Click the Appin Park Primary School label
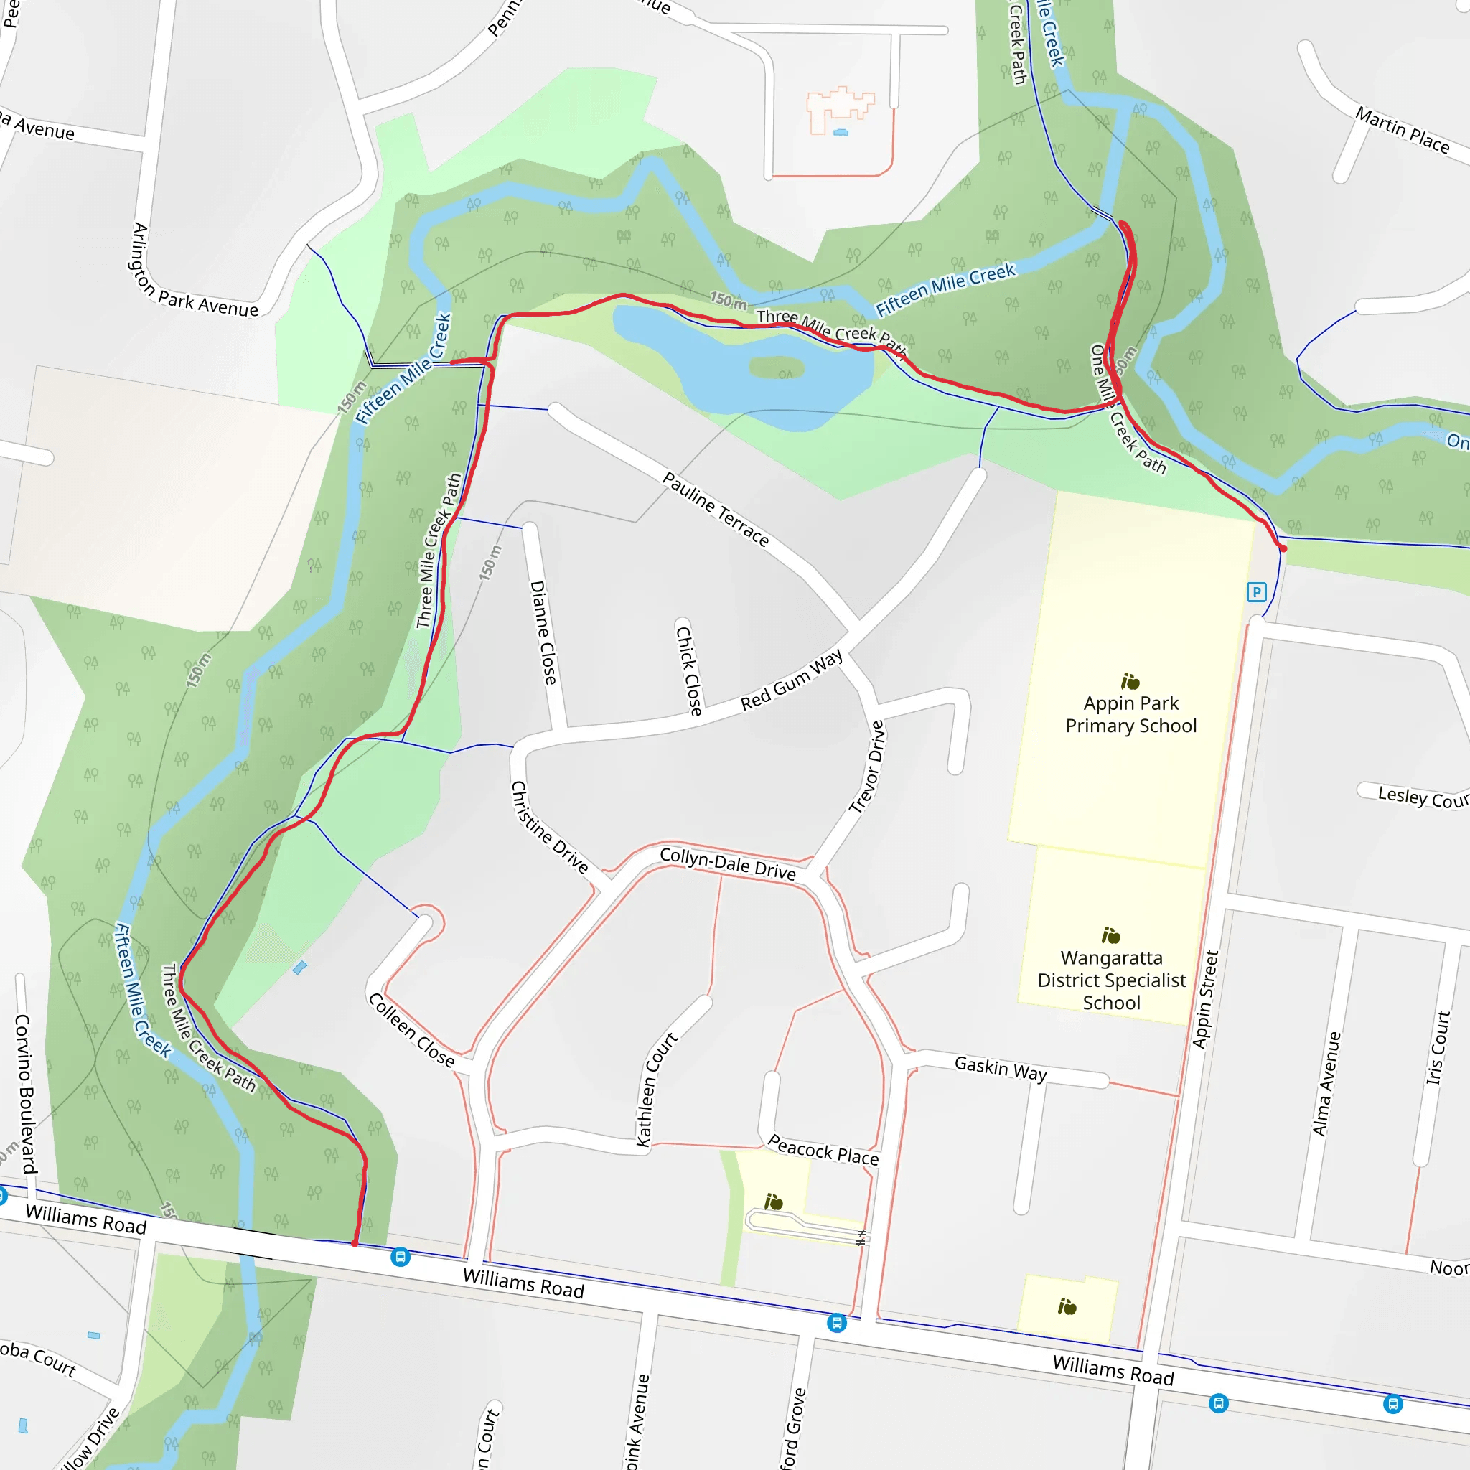[1130, 713]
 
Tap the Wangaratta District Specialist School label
[1111, 980]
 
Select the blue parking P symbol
[1256, 592]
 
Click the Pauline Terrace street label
[715, 508]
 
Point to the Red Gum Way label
[791, 680]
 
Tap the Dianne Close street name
[543, 632]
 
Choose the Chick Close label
[688, 671]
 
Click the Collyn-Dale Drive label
[727, 863]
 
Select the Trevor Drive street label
[867, 767]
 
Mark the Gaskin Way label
[1001, 1068]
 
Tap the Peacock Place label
[823, 1150]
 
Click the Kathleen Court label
[656, 1089]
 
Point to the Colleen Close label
[411, 1030]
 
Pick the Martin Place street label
[1403, 130]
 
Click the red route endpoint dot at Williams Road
[355, 1243]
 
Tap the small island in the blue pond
[776, 367]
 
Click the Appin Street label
[1205, 999]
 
